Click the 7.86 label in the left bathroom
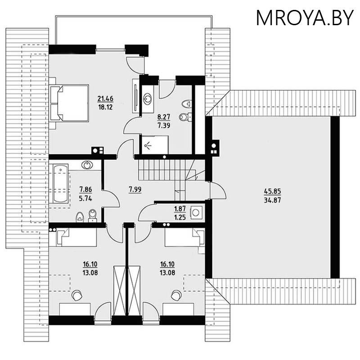click(x=85, y=189)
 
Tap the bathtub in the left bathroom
click(x=60, y=184)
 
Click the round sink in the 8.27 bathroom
click(x=148, y=98)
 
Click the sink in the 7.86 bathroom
click(x=87, y=165)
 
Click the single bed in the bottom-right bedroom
click(x=183, y=237)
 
